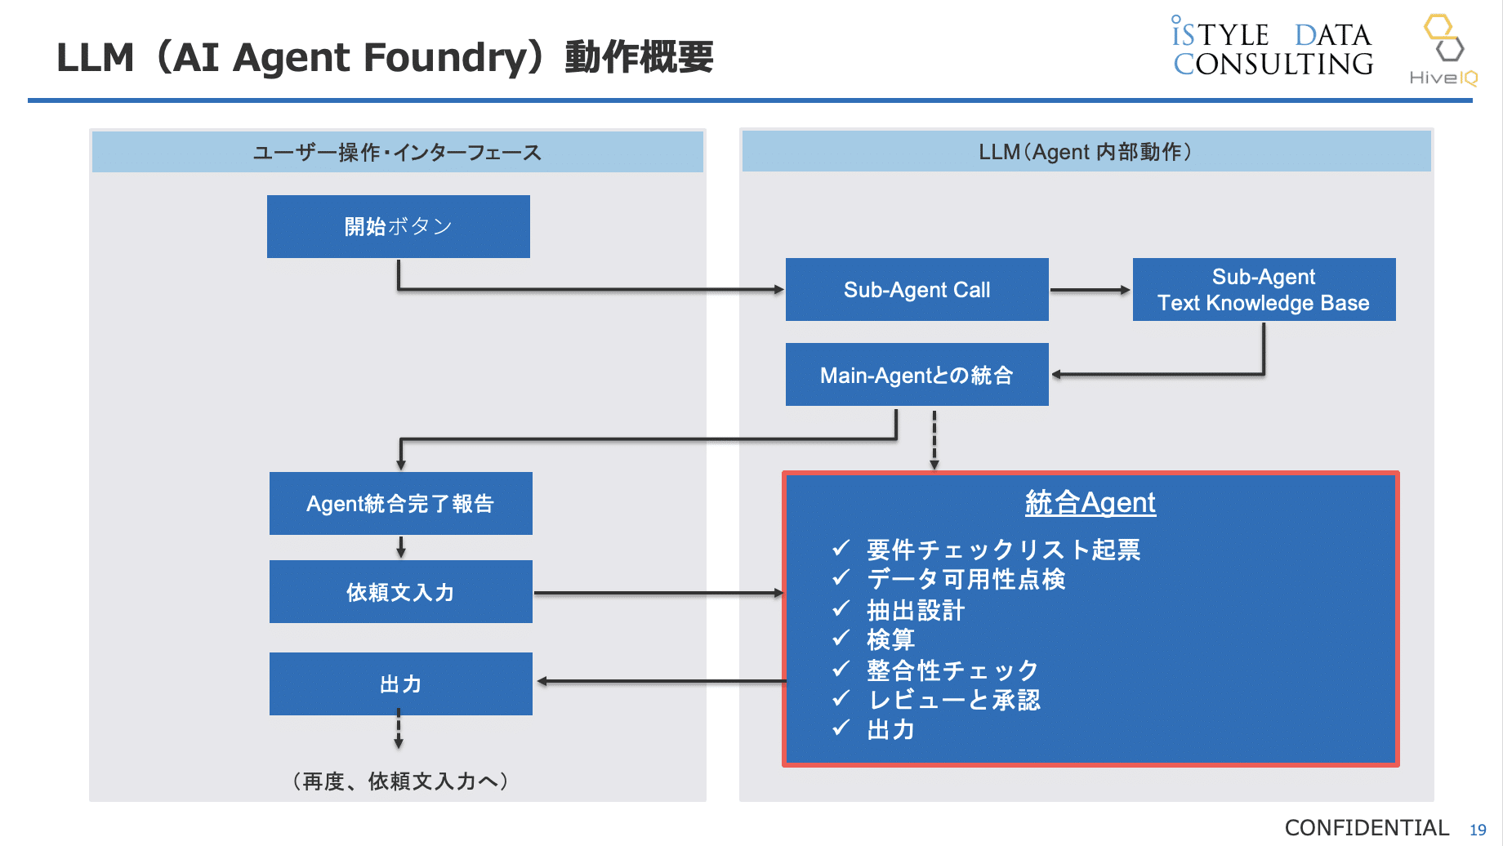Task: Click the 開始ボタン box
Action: point(398,226)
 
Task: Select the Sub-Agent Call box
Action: point(917,290)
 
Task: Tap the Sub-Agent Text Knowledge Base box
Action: point(1264,290)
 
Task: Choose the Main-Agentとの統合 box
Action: point(917,375)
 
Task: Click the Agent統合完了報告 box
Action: point(400,504)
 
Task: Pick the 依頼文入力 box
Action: point(400,592)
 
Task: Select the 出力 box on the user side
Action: point(400,683)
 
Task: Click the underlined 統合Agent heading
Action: point(1090,502)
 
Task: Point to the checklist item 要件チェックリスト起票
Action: point(1003,550)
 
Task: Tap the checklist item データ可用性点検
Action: point(966,579)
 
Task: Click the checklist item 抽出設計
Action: point(916,610)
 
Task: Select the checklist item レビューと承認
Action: point(954,700)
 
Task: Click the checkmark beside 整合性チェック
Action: point(841,670)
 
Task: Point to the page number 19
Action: point(1478,830)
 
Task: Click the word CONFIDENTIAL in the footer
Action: point(1367,828)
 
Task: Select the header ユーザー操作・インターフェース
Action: point(397,153)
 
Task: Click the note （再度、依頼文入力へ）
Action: point(400,781)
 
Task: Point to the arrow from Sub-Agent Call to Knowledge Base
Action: point(1090,290)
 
